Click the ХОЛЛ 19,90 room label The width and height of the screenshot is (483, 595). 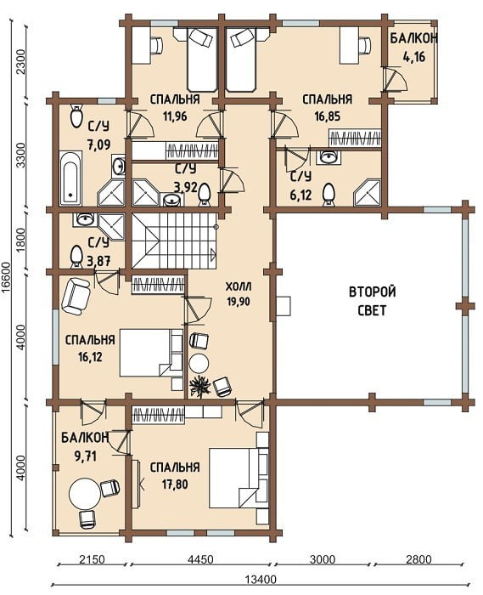pyautogui.click(x=239, y=294)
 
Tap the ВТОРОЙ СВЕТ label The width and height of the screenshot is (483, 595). pyautogui.click(x=372, y=301)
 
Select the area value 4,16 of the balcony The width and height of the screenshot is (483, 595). pyautogui.click(x=414, y=57)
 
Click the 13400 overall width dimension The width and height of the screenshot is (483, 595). pyautogui.click(x=261, y=580)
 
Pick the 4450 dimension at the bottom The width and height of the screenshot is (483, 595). pyautogui.click(x=199, y=559)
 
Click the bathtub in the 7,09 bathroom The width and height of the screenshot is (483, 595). pyautogui.click(x=70, y=178)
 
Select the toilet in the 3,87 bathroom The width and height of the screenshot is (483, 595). pyautogui.click(x=76, y=257)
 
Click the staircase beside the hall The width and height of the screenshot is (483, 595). pyautogui.click(x=174, y=241)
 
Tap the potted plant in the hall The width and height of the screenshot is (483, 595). pyautogui.click(x=199, y=387)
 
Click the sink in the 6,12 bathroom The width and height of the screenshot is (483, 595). pyautogui.click(x=329, y=156)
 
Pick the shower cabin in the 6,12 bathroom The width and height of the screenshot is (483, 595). pyautogui.click(x=367, y=193)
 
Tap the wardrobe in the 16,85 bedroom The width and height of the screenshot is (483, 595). pyautogui.click(x=355, y=138)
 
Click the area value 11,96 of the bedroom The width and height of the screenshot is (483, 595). pyautogui.click(x=175, y=116)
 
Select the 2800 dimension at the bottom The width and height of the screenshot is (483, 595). pyautogui.click(x=418, y=559)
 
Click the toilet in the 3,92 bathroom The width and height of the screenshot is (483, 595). pyautogui.click(x=205, y=194)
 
